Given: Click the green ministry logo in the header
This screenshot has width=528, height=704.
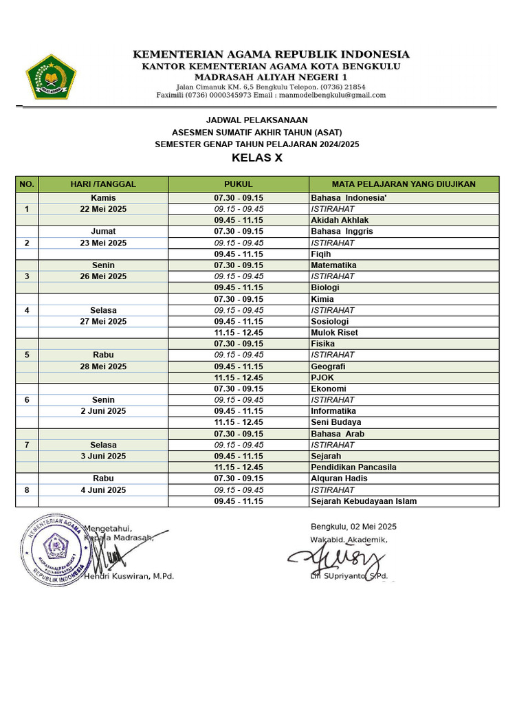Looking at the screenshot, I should pos(51,76).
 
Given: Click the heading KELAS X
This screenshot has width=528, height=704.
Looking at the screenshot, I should pos(257,158).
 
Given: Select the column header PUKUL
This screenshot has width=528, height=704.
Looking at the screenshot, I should pos(239,184).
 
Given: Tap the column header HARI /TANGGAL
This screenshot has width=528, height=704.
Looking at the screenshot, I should pos(103,184).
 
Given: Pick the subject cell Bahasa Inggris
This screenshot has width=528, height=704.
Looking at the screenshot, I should pos(342,232).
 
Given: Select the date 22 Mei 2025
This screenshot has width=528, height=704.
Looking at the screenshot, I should pos(103,209).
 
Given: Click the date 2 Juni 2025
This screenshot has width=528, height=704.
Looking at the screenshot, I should pos(103,411).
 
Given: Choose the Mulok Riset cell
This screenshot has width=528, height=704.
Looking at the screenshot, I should pos(334,333).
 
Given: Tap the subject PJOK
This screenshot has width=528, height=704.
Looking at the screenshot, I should pos(322,377).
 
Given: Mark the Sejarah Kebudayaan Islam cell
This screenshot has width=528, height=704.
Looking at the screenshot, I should pos(364,501).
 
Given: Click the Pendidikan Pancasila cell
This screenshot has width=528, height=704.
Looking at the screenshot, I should pos(353,467).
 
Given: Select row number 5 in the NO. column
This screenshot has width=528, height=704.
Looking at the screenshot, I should pos(27,355).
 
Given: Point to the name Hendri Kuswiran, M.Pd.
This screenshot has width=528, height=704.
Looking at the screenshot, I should pos(129,576).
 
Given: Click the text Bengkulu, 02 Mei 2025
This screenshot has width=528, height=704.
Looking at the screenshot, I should pos(353,527).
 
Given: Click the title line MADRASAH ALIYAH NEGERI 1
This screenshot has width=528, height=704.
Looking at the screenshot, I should pos(271,77).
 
